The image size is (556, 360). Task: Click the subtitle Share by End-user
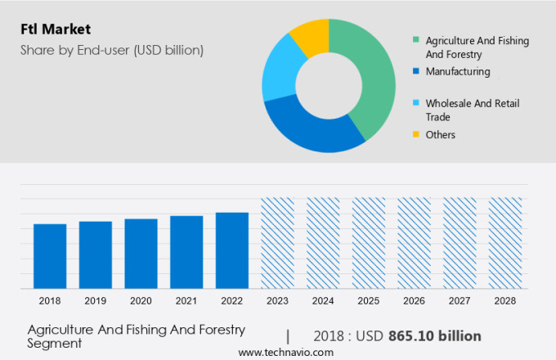click(112, 51)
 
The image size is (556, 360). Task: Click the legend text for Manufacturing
click(458, 71)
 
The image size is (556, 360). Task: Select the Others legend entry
click(440, 134)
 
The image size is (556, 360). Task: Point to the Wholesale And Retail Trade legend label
click(472, 110)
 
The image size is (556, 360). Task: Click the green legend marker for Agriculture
click(417, 39)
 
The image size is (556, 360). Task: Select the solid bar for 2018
click(50, 255)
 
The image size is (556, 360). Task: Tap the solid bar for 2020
click(141, 253)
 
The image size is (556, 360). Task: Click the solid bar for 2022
click(232, 250)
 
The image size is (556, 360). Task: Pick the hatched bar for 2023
click(277, 242)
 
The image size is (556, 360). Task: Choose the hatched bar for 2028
click(504, 242)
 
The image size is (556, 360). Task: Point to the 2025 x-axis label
click(368, 301)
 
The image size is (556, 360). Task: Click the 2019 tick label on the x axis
click(96, 301)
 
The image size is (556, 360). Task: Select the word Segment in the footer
click(55, 344)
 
